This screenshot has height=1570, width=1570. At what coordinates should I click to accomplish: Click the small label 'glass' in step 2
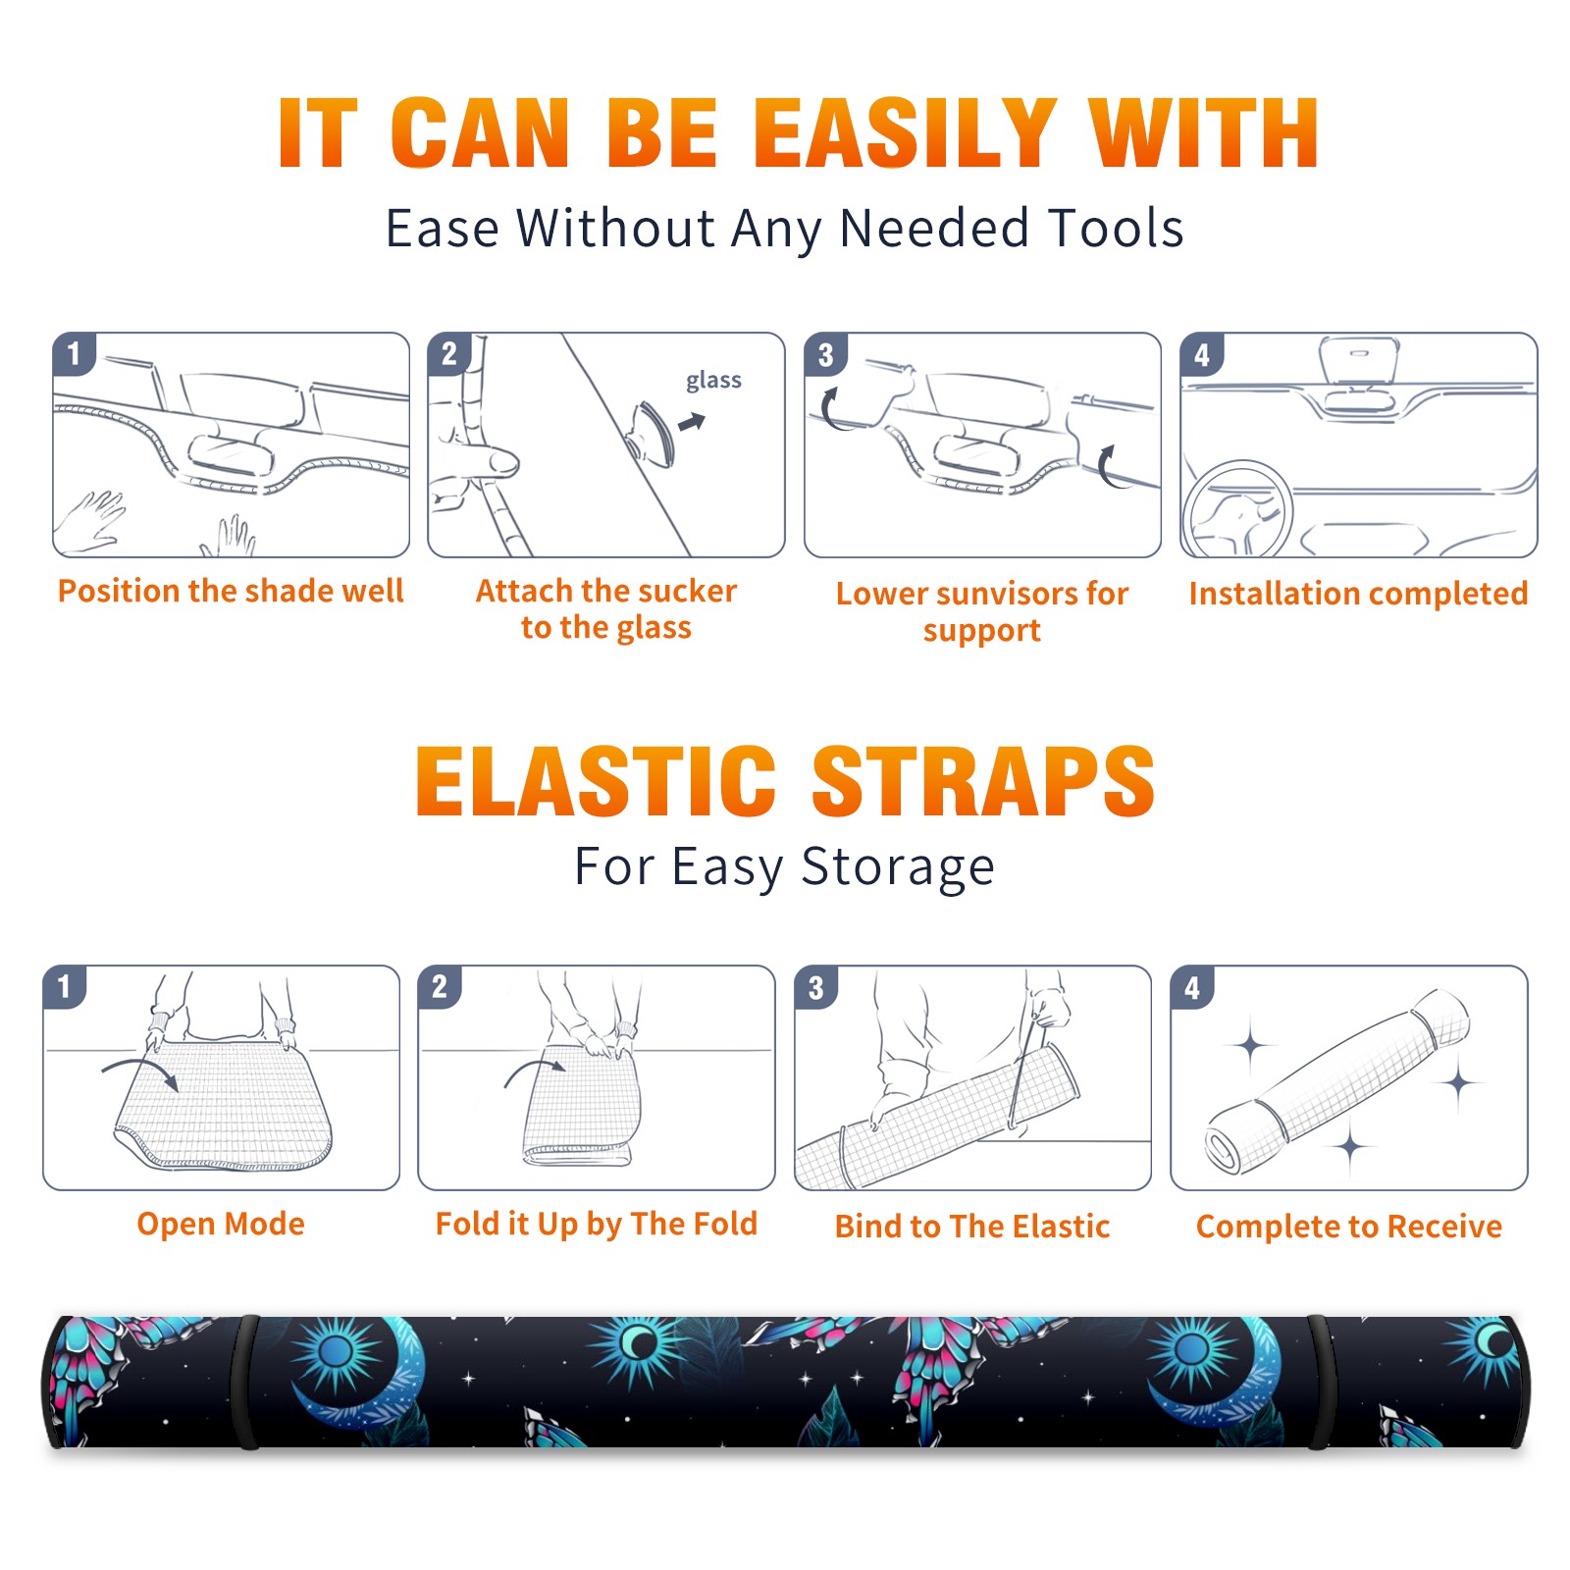coord(713,381)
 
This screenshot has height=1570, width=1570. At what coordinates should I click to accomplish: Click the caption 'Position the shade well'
coord(231,591)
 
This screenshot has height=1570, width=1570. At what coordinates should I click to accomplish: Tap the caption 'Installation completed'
coord(1358,594)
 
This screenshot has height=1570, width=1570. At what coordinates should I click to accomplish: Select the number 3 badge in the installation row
coord(825,354)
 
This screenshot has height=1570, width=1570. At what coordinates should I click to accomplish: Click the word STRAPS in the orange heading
coord(983,781)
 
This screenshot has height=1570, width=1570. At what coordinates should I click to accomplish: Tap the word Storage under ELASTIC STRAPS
coord(898,867)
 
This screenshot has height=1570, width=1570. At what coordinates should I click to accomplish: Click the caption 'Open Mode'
coord(221,1225)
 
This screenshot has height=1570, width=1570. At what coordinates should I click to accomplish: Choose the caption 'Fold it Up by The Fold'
coord(597,1225)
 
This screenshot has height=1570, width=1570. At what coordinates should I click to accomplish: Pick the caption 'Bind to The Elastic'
coord(972,1227)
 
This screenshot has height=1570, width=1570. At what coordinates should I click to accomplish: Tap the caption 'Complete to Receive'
coord(1349,1227)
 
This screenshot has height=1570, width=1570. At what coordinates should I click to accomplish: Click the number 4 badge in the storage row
coord(1192,987)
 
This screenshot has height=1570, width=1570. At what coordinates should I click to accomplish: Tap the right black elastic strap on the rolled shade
coord(1320,1383)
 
